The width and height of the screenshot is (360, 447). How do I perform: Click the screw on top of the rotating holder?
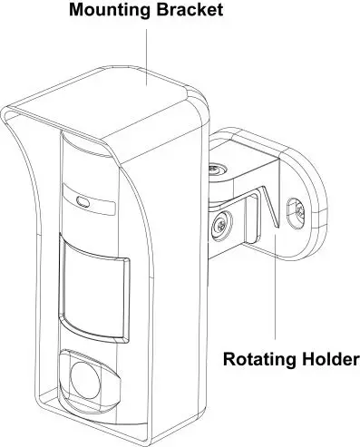[x=216, y=170]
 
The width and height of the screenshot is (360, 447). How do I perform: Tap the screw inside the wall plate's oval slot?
[x=297, y=210]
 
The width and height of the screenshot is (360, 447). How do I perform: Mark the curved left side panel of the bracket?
[x=27, y=272]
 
